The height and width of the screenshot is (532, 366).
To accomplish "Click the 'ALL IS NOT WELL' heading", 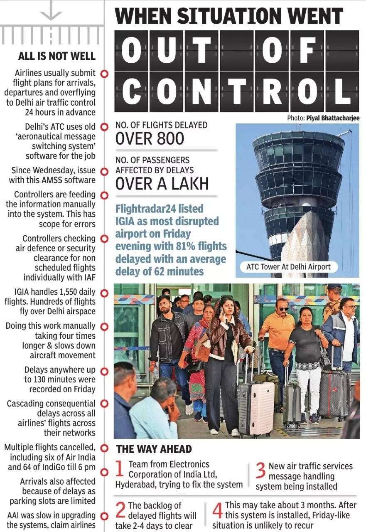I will (57, 56).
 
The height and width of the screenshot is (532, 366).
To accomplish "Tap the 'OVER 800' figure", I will (150, 138).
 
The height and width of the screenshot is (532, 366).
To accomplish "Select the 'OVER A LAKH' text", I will (162, 183).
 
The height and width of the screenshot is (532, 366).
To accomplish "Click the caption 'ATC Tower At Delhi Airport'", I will (288, 266).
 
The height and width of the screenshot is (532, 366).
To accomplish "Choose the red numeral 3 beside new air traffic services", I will (260, 470).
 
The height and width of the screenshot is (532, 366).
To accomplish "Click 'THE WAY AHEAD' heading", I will (154, 449).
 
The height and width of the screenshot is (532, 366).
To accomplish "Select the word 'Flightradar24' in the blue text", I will (145, 209).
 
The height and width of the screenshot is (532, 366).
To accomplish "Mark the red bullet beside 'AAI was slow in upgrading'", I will (104, 516).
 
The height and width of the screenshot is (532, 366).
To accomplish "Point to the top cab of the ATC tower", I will (298, 151).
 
